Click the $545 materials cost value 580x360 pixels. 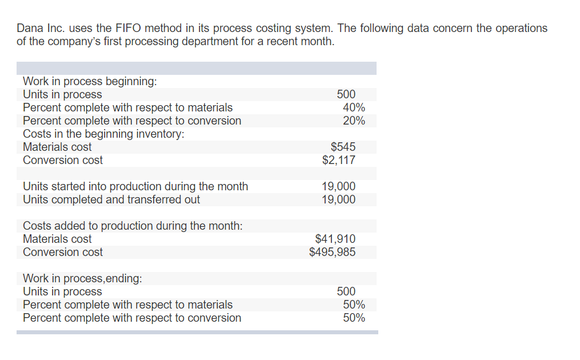pyautogui.click(x=343, y=147)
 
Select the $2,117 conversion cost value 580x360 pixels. pyautogui.click(x=339, y=160)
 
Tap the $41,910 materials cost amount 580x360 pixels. pyautogui.click(x=335, y=239)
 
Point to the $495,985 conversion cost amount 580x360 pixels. pyautogui.click(x=332, y=252)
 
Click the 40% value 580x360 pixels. pyautogui.click(x=354, y=107)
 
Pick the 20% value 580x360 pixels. pyautogui.click(x=354, y=121)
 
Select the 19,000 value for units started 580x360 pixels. pyautogui.click(x=338, y=186)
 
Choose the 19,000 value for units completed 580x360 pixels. pyautogui.click(x=338, y=199)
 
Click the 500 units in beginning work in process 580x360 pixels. pyautogui.click(x=346, y=94)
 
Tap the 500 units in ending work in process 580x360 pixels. pyautogui.click(x=346, y=291)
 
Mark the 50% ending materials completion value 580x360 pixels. pyautogui.click(x=354, y=305)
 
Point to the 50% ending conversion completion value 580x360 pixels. pyautogui.click(x=354, y=318)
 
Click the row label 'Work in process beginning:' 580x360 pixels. pyautogui.click(x=90, y=81)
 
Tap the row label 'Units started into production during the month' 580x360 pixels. pyautogui.click(x=135, y=186)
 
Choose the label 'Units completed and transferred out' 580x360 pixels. pyautogui.click(x=111, y=199)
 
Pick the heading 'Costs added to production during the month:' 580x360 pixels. pyautogui.click(x=133, y=226)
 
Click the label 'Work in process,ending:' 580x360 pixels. pyautogui.click(x=82, y=278)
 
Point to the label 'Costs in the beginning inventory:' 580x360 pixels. pyautogui.click(x=103, y=134)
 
